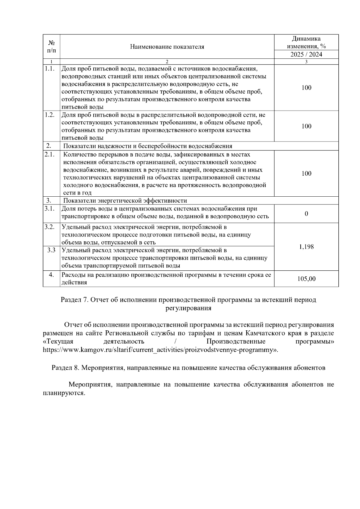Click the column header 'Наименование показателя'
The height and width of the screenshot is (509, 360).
(167, 47)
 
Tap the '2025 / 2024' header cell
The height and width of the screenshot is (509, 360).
(306, 55)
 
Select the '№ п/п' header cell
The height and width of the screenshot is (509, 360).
(51, 47)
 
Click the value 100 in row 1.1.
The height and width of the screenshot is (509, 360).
(306, 88)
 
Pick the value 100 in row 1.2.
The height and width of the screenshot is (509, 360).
(306, 126)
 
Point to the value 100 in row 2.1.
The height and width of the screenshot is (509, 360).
(306, 174)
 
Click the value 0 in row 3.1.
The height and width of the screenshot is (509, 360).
(306, 214)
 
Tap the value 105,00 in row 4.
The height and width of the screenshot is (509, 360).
(306, 279)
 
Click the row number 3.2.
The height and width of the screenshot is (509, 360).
(49, 227)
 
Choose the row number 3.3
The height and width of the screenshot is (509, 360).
(51, 250)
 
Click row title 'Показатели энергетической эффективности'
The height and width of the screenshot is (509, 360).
(125, 201)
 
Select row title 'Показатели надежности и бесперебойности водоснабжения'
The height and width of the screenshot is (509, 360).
(148, 146)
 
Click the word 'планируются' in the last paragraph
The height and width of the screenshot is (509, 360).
(64, 393)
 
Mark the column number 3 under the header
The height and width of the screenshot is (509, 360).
(306, 62)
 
